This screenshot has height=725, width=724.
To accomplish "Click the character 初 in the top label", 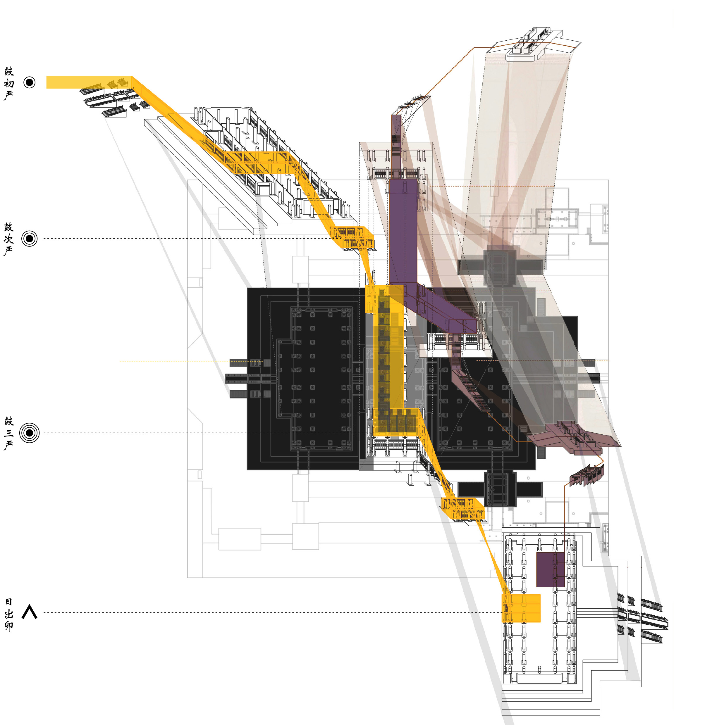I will pyautogui.click(x=9, y=83).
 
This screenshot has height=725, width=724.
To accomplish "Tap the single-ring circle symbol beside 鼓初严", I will pyautogui.click(x=29, y=82).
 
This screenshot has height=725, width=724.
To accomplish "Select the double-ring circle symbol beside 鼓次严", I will pyautogui.click(x=29, y=238).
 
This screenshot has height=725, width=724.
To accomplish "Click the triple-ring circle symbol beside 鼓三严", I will pyautogui.click(x=29, y=433).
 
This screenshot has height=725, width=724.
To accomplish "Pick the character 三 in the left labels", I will pyautogui.click(x=9, y=433).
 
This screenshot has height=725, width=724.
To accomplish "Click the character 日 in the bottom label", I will pyautogui.click(x=9, y=602).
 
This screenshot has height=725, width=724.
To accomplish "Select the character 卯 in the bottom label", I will pyautogui.click(x=9, y=626).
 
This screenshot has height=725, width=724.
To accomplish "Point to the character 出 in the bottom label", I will pyautogui.click(x=9, y=614).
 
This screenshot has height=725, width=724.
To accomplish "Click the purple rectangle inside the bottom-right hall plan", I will pyautogui.click(x=550, y=569).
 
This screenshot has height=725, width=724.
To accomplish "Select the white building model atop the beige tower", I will pyautogui.click(x=533, y=43).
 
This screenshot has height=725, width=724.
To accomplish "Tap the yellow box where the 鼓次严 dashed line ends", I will pyautogui.click(x=352, y=238).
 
